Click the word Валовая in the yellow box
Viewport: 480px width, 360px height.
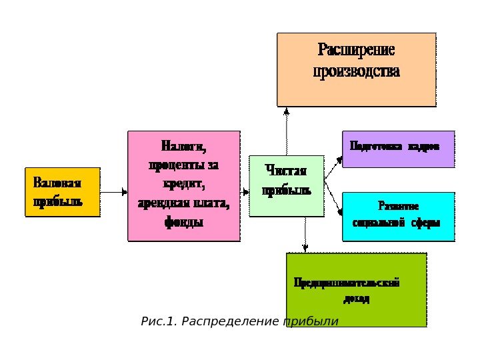(x=57, y=183)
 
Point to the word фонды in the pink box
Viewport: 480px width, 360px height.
(x=183, y=221)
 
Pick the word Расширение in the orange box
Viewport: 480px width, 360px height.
(x=356, y=51)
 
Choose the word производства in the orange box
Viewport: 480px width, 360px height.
(x=356, y=71)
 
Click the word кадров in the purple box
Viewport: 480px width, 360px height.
(x=424, y=145)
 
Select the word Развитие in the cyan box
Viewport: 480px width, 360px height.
(x=398, y=206)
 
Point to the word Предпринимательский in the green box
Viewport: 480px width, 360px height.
(x=347, y=283)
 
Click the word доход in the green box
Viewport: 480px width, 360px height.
(x=357, y=299)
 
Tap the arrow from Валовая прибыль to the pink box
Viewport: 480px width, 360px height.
(x=113, y=192)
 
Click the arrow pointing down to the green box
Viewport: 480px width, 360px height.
(x=305, y=235)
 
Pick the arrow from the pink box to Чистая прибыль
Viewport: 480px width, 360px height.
(x=244, y=192)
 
